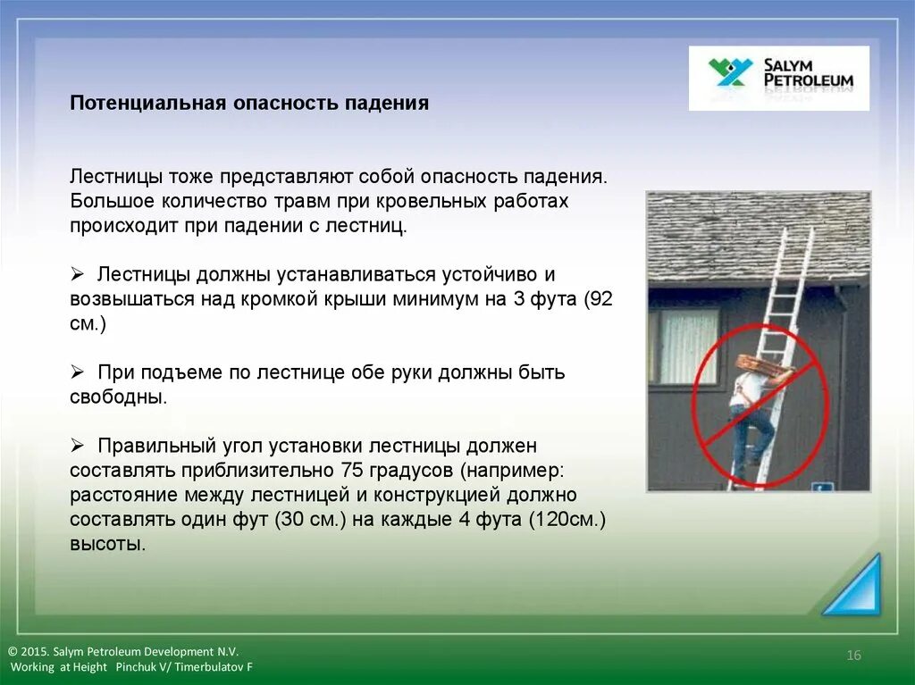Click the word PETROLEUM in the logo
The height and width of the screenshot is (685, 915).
tap(809, 80)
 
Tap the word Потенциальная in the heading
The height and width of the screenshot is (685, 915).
tap(148, 103)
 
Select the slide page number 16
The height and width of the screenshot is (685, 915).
tap(853, 656)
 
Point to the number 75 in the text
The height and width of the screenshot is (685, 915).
tap(352, 470)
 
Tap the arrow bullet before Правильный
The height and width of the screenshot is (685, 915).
tap(77, 446)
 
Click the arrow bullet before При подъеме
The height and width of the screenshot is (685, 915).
tap(77, 372)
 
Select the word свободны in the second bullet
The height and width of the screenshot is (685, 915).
tap(119, 397)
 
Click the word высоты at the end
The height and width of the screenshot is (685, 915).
tap(108, 544)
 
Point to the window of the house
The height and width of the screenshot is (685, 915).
tap(684, 347)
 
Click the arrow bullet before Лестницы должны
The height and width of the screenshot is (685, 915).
tap(77, 273)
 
